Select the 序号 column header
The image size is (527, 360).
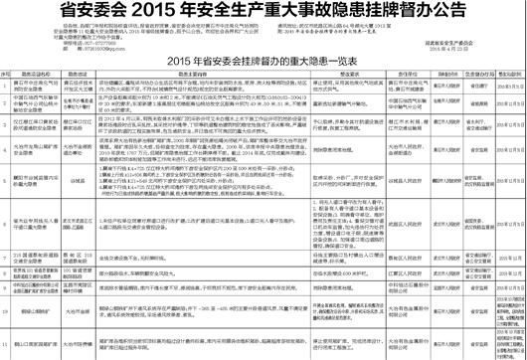pyautogui.click(x=12, y=73)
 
